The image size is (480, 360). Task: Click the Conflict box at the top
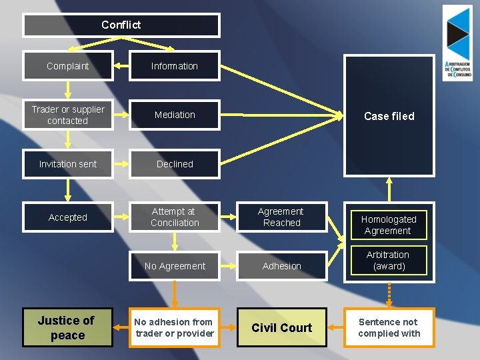pos(121,25)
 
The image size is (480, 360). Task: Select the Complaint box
pos(67,66)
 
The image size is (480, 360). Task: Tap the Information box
pos(175,66)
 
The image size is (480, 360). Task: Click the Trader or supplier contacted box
pos(67,115)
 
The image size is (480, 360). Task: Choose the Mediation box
pos(175,115)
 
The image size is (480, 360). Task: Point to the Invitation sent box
pos(67,164)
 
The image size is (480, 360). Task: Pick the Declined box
pos(175,164)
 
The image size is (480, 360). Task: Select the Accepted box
pos(67,217)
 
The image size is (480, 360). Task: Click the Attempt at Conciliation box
pos(175,217)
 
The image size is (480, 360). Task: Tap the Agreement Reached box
pos(282,217)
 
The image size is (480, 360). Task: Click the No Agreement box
pos(175,266)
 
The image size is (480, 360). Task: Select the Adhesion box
pos(282,266)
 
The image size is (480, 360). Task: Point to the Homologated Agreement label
pos(389,225)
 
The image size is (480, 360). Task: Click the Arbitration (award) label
pos(389,261)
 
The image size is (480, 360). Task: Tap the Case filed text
pos(389,116)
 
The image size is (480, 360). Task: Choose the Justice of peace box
pos(67,327)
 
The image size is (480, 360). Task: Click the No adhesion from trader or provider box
pos(175,327)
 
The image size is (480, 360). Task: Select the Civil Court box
pos(282,327)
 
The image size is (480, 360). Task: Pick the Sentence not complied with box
pos(389,327)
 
